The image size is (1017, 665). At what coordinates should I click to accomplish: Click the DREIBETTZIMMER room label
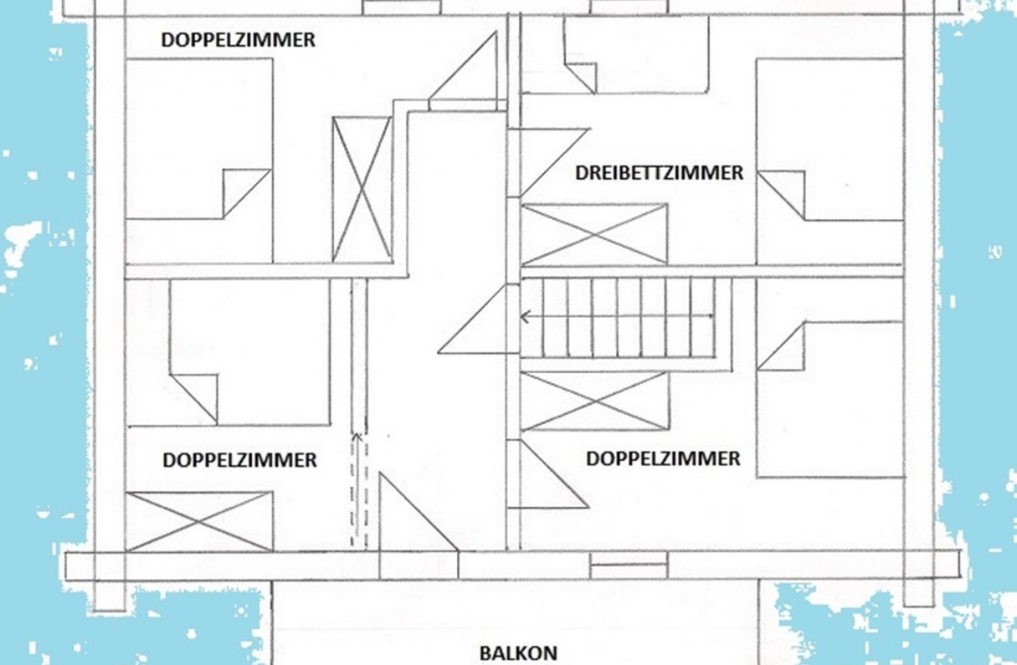659,173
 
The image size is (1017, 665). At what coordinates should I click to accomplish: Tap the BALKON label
518,653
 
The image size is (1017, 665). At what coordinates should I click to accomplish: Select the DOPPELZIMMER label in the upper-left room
238,40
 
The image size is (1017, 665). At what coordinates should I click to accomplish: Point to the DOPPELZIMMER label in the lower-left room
239,460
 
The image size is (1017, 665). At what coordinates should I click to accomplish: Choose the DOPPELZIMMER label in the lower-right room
663,459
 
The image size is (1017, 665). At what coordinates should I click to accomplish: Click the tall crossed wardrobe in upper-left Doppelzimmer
362,189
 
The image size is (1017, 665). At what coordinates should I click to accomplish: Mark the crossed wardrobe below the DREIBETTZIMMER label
594,234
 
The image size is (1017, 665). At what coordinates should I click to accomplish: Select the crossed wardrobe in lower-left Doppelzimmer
199,522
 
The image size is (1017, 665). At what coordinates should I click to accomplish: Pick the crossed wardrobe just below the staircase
594,401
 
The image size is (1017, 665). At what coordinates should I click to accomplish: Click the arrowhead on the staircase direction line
524,317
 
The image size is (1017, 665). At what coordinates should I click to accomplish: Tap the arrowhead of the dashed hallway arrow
356,437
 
